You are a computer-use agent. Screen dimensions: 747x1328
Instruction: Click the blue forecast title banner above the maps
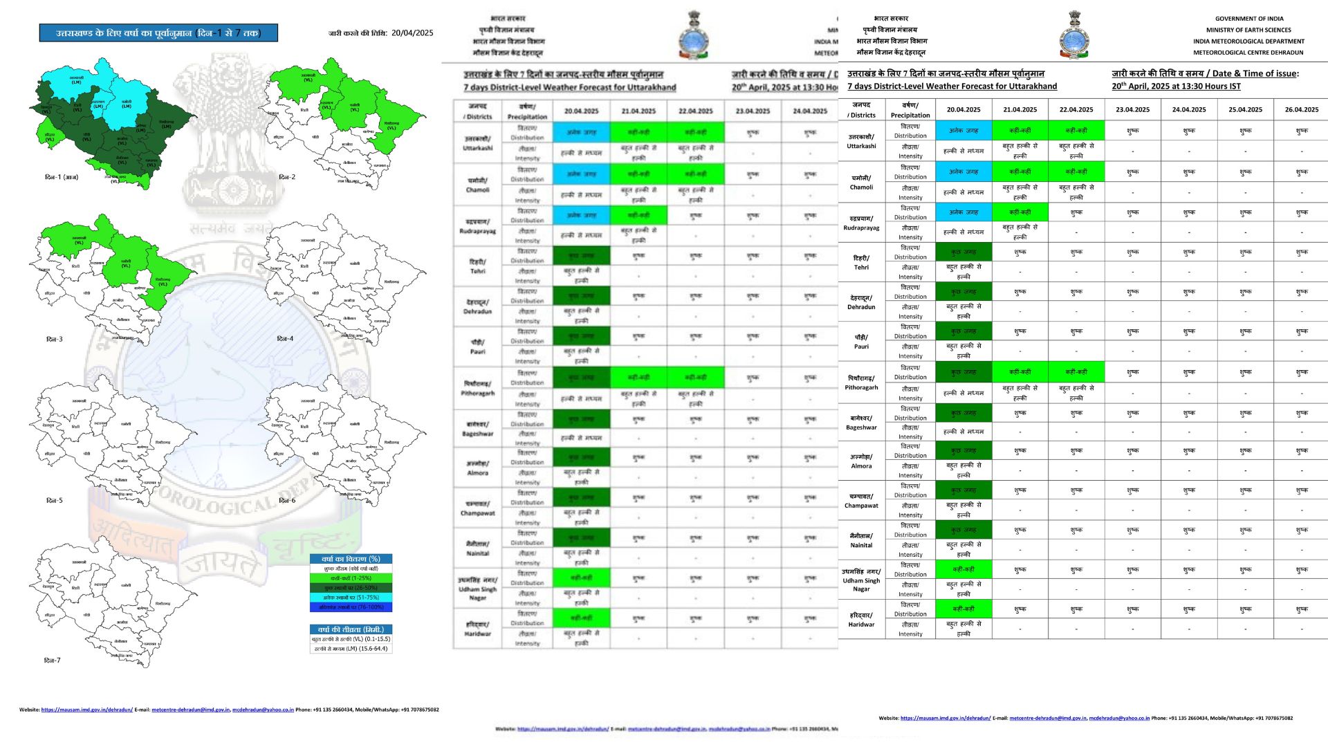point(158,33)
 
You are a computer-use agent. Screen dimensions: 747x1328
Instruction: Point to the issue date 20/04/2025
point(412,33)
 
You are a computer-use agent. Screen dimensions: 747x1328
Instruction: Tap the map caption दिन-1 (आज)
point(62,178)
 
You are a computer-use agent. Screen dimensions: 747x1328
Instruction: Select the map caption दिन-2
point(287,177)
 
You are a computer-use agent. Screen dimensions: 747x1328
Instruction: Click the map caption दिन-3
point(55,339)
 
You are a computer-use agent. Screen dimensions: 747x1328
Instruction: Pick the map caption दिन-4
point(285,339)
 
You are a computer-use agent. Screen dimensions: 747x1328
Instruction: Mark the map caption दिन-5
point(55,500)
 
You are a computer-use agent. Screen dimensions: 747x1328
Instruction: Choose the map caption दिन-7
point(53,661)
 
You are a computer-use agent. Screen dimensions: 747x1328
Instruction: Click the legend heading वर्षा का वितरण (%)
point(351,559)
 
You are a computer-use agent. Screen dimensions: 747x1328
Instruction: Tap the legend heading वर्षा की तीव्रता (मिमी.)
point(351,629)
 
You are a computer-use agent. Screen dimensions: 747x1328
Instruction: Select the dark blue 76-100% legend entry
point(351,607)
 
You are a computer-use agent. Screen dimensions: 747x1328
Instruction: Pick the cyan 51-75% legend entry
point(351,598)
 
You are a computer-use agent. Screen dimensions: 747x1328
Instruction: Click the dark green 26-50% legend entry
point(351,588)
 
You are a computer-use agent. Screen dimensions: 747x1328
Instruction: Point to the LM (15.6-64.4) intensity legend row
point(351,649)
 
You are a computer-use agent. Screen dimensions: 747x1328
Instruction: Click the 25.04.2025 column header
point(1246,109)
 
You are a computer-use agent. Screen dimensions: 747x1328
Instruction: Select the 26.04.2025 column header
point(1302,109)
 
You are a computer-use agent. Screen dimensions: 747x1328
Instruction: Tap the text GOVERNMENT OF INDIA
point(1249,19)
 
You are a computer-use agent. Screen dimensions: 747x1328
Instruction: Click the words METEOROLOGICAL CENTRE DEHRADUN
point(1248,53)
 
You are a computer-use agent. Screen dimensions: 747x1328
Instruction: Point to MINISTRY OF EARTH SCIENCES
point(1248,30)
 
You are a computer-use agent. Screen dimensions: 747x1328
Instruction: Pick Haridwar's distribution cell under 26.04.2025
point(1302,609)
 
